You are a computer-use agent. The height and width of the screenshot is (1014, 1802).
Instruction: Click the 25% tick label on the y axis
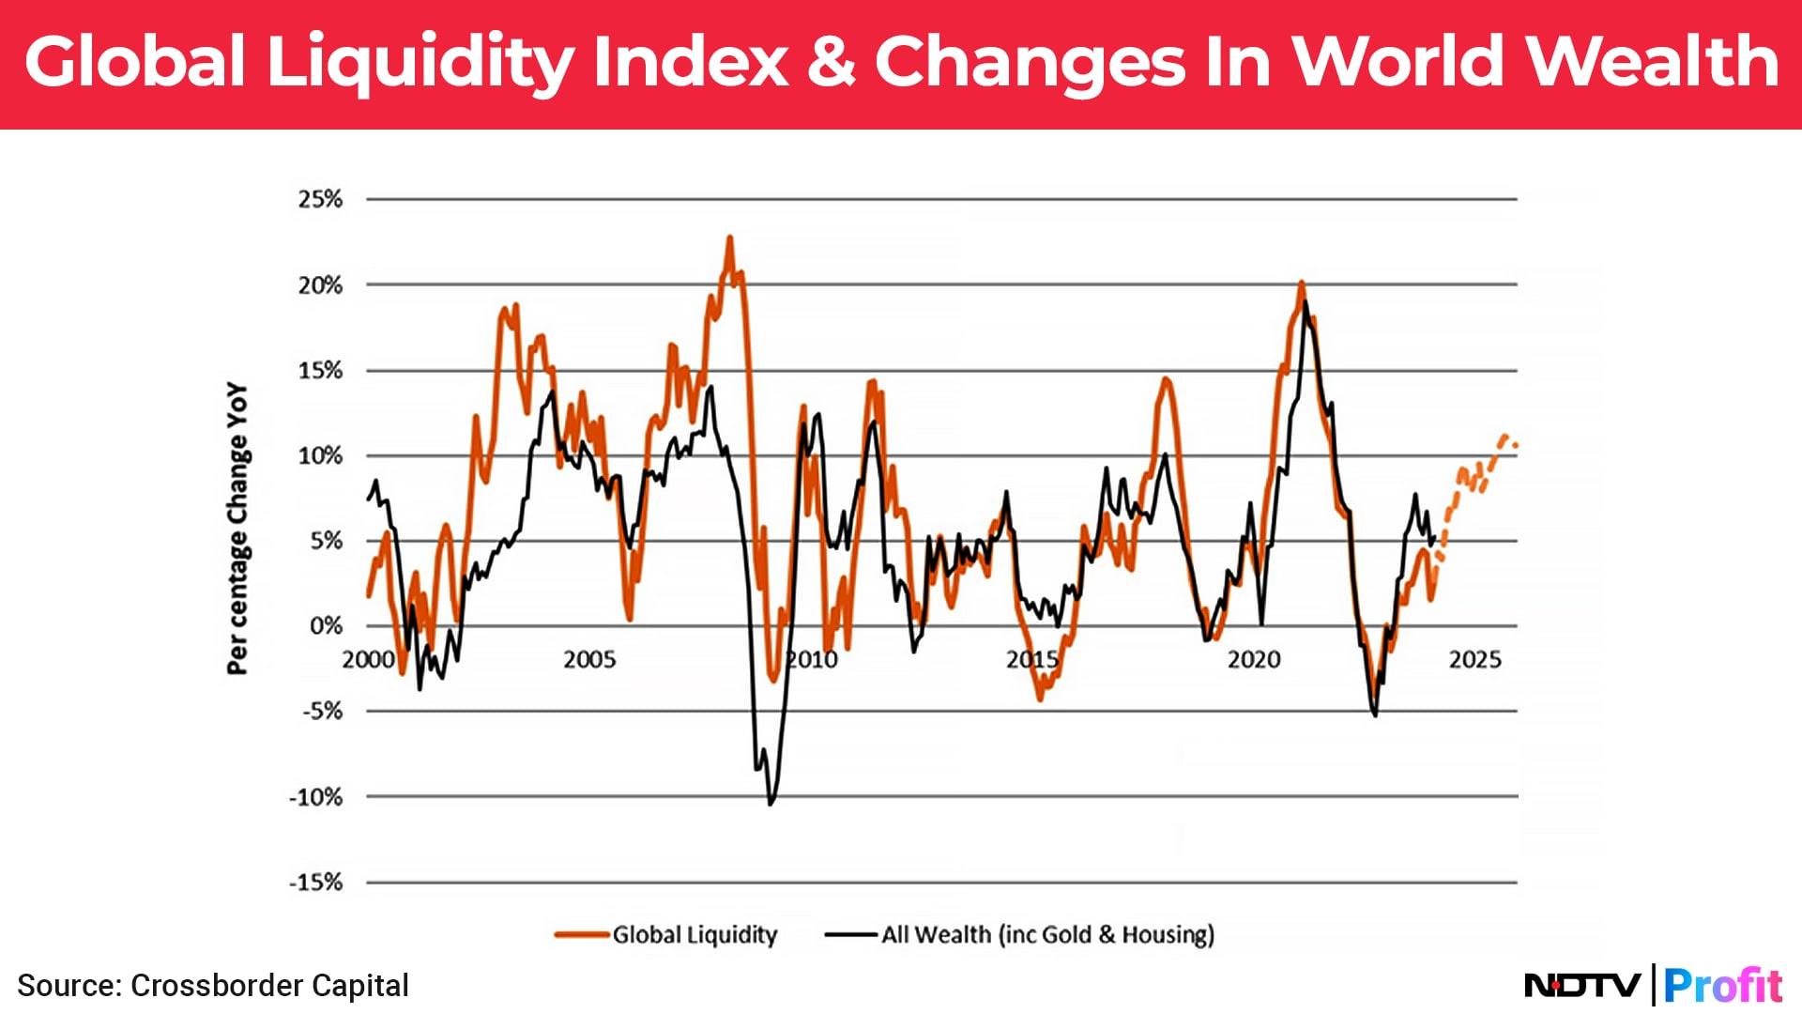tap(320, 199)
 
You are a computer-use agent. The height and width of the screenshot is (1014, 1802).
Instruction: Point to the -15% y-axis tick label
tap(316, 883)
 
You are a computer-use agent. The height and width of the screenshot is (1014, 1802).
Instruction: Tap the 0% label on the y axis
tap(326, 626)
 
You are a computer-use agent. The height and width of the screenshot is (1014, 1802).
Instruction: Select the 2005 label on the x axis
tap(589, 660)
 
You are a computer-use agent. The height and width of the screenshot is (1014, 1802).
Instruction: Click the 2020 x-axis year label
tap(1254, 660)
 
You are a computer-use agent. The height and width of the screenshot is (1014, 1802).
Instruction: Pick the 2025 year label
tap(1474, 660)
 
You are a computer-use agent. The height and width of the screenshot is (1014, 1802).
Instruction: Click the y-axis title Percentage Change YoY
tap(237, 528)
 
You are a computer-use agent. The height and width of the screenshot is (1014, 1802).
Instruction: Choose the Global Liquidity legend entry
tap(695, 935)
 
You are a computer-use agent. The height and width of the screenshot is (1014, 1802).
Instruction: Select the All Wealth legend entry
tap(1046, 935)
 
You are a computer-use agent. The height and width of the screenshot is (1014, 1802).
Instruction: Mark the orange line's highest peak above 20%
tap(729, 238)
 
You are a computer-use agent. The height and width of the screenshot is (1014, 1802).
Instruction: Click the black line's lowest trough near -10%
tap(771, 804)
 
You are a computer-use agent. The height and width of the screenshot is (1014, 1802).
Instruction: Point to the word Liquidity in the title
tap(420, 62)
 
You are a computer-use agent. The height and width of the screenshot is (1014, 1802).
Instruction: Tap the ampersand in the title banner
tap(831, 62)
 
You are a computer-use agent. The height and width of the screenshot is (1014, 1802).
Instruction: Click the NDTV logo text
tap(1582, 986)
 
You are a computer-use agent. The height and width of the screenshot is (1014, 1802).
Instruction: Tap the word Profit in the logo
tap(1722, 986)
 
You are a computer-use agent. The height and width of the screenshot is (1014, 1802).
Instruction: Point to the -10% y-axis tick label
tap(316, 797)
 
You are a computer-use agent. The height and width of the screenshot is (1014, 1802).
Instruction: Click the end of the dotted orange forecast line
tap(1515, 446)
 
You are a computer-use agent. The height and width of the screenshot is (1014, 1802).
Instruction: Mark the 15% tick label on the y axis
tap(320, 371)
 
